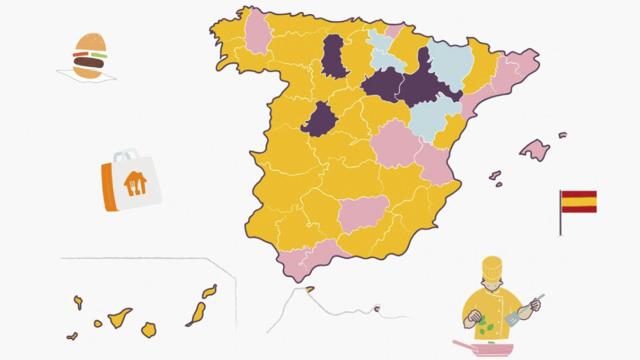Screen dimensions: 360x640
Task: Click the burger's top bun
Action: coord(91,43)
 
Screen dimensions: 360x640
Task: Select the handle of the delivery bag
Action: coord(125,156)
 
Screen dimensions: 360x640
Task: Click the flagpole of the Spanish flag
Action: coord(560,215)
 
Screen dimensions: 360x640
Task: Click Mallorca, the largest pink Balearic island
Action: coord(534,150)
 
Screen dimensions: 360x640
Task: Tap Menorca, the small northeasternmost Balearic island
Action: coord(562,135)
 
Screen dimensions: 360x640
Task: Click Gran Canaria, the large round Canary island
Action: coord(149,329)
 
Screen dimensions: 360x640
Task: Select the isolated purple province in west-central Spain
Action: coord(321,118)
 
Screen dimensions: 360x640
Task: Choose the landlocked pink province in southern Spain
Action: coord(359,212)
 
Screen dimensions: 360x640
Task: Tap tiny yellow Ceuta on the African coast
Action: coord(377,309)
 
